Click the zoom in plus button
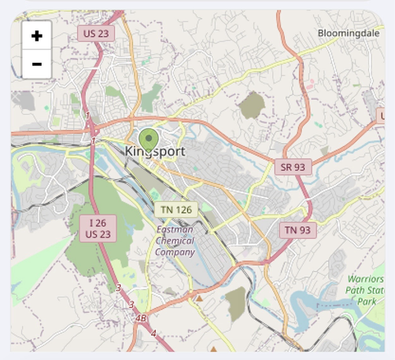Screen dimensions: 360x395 tap(37, 36)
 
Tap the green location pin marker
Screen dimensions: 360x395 tap(149, 139)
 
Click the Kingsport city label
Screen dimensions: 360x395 tap(156, 150)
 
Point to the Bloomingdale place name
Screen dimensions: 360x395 tap(349, 33)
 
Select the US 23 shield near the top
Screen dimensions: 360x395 tap(95, 32)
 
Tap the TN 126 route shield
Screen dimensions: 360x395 tap(176, 209)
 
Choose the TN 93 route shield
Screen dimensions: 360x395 tap(297, 230)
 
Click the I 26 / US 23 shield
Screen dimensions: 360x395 tap(98, 228)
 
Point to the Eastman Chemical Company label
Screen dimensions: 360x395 tap(175, 241)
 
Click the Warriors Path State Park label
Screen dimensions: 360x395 tap(366, 289)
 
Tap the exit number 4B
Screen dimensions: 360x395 tap(142, 318)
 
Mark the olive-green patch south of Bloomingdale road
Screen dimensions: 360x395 tap(253, 105)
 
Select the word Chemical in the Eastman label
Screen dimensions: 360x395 tap(175, 241)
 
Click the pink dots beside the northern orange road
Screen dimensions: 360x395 tap(310, 82)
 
